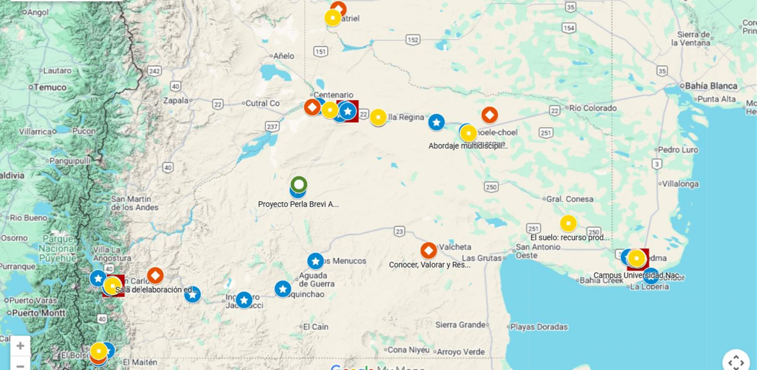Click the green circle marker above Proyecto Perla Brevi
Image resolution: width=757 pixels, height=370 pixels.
tap(299, 184)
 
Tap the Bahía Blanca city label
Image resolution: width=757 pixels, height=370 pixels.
tap(711, 86)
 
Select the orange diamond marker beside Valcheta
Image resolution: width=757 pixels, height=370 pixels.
tap(429, 251)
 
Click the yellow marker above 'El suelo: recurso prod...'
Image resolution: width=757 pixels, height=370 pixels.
tap(568, 223)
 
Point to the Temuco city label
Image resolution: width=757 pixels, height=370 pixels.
tap(50, 87)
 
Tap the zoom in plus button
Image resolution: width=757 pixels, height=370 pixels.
tap(20, 346)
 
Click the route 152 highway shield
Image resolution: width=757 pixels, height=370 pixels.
tap(413, 40)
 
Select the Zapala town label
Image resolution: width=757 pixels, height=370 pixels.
tap(176, 100)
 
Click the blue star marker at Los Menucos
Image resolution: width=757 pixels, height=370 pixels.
tap(315, 261)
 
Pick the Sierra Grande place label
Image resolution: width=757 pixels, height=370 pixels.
tap(460, 324)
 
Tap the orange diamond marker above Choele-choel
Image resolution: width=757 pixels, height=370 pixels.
tap(490, 115)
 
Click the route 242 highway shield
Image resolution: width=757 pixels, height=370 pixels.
tap(154, 71)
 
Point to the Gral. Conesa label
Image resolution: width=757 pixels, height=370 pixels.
tap(570, 199)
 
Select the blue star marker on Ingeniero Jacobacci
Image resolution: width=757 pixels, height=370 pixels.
tap(244, 300)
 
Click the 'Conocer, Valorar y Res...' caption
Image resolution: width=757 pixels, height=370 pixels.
tap(430, 265)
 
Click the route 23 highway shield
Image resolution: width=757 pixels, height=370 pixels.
tap(399, 232)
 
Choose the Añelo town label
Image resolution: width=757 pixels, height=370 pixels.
tap(284, 56)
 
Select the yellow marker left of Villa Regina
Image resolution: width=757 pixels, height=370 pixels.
tap(378, 117)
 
